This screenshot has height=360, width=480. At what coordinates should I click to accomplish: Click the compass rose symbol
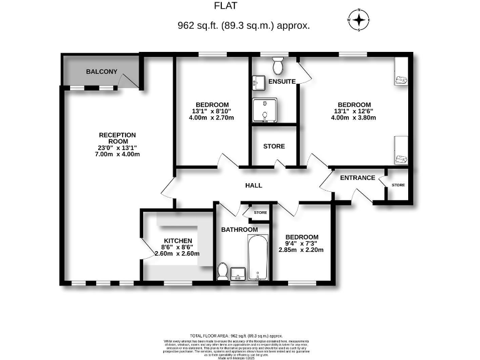coord(359,20)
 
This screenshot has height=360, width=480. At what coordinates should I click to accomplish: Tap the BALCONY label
coord(102,72)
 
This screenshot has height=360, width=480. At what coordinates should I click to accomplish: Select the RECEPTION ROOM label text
coord(117,138)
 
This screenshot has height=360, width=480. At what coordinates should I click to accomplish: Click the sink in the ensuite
coord(259,82)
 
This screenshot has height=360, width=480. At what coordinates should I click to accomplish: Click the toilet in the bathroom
coord(222,270)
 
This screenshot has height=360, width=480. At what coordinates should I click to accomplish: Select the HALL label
coord(254,186)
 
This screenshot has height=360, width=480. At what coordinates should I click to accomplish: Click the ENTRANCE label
coord(357,178)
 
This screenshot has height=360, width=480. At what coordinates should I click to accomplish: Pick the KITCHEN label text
coord(178,241)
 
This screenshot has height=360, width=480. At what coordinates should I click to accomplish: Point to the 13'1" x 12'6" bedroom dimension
coord(354,112)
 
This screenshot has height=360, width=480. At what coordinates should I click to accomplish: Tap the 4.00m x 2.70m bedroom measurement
coord(212,118)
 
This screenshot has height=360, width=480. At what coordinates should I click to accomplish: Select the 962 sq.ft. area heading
coord(243,26)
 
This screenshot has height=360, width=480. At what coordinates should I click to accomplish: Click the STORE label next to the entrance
coord(398,186)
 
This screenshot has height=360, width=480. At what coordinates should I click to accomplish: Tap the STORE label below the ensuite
coord(274,146)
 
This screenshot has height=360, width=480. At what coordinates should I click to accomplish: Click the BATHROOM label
coord(239,230)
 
